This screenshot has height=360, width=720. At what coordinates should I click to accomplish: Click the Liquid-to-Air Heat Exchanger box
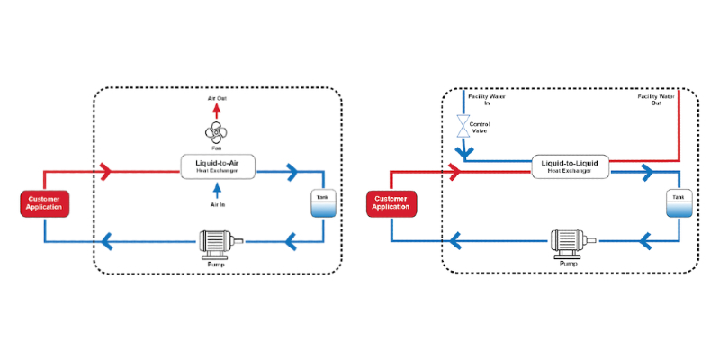[215, 166]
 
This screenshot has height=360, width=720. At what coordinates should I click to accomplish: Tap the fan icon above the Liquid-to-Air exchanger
[215, 134]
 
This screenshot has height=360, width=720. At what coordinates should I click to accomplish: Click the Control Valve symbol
[463, 126]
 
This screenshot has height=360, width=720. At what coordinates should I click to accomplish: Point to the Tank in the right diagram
[679, 203]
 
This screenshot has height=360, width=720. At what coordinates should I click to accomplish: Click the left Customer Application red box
[44, 203]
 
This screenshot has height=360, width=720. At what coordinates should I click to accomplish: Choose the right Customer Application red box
[391, 203]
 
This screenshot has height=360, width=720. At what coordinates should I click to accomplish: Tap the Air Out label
[216, 96]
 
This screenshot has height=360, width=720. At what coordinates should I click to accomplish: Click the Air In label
[215, 204]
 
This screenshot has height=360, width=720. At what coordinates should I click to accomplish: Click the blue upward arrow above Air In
[215, 190]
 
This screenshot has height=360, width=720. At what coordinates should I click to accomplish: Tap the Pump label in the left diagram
[216, 265]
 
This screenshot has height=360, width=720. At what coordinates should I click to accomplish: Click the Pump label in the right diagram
[569, 264]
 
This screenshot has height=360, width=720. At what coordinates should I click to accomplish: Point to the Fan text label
[215, 150]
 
